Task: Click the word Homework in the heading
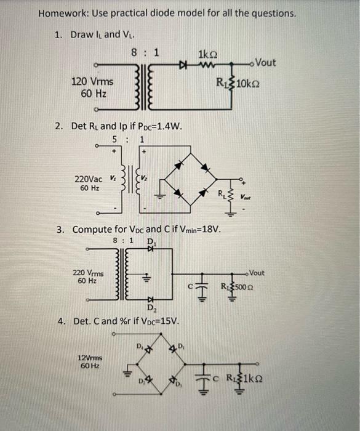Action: pos(61,13)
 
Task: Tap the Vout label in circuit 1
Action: pos(265,63)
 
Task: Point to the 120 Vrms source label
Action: pos(92,82)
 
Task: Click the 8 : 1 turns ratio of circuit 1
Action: pos(146,52)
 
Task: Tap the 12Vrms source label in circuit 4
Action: pos(89,357)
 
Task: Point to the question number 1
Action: pos(58,34)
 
